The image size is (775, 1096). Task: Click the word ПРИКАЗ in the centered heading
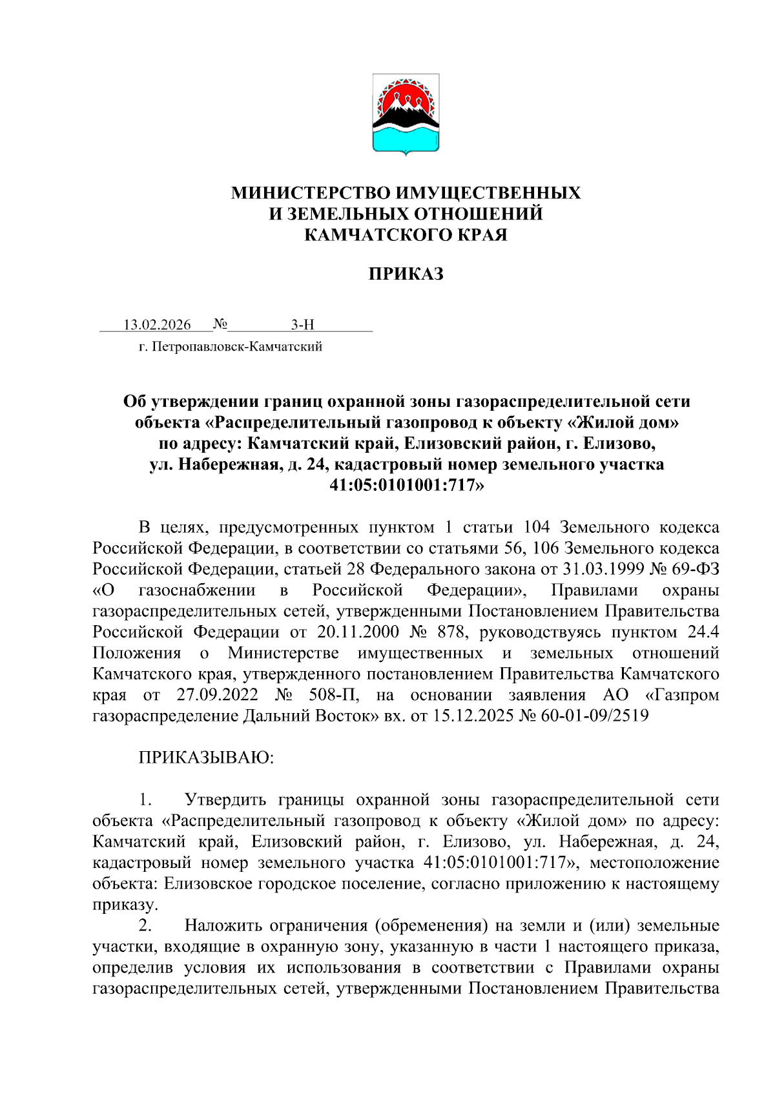(x=406, y=274)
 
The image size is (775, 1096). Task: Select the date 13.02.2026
(x=157, y=325)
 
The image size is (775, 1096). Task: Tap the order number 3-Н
(x=302, y=325)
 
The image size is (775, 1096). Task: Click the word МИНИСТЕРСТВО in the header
(x=311, y=193)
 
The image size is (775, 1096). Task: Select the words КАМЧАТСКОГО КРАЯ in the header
(x=406, y=234)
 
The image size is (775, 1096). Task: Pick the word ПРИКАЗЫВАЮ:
(x=206, y=758)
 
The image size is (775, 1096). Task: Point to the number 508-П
(x=332, y=695)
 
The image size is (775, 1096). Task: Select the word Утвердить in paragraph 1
(x=225, y=800)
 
